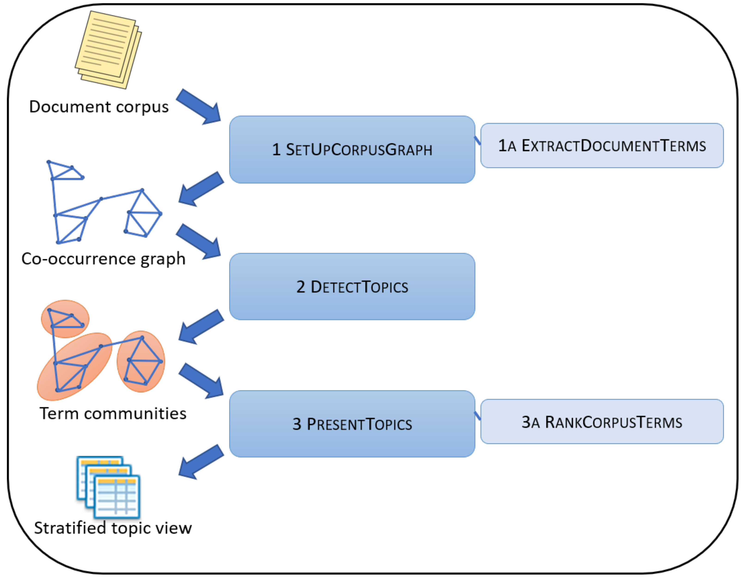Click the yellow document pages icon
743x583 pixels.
click(x=108, y=49)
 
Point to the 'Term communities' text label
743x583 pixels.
click(x=113, y=414)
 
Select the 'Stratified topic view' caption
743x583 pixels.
click(x=113, y=528)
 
